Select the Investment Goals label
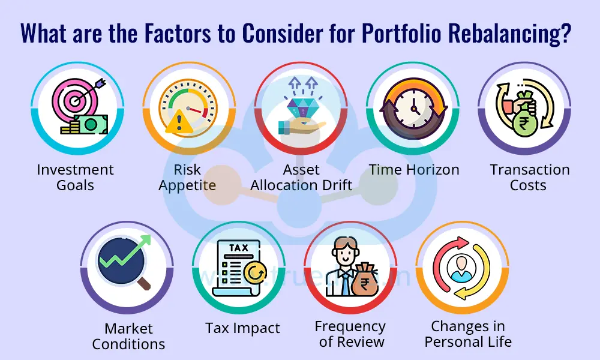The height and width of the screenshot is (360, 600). point(75,177)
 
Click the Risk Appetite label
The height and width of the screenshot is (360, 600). point(187,177)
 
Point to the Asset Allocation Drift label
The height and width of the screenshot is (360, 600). point(301,177)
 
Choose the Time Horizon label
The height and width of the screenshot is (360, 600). point(414,170)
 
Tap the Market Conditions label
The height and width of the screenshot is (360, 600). point(128,336)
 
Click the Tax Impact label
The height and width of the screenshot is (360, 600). point(242,328)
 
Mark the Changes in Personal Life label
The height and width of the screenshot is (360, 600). point(468,334)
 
